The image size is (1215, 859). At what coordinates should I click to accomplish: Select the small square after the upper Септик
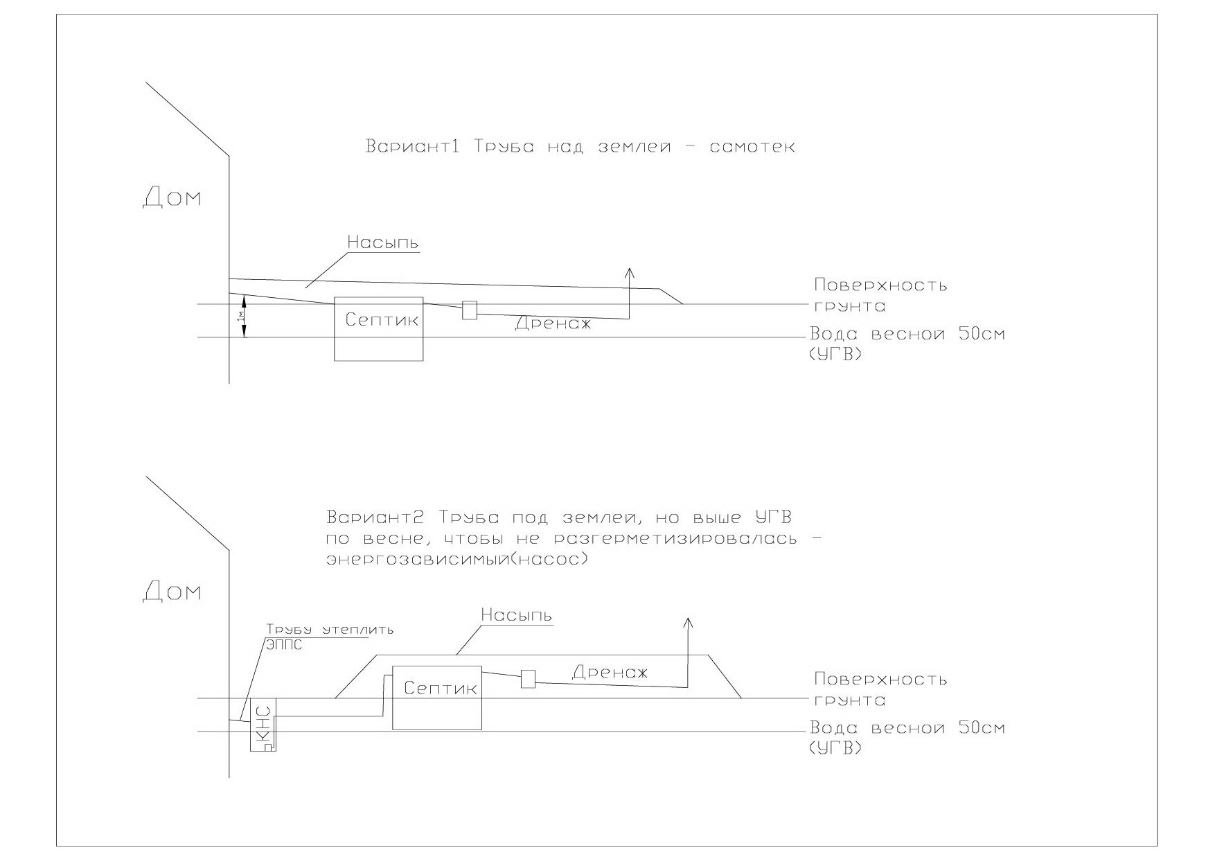pos(470,310)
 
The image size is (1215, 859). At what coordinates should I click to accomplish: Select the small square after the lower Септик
pos(529,679)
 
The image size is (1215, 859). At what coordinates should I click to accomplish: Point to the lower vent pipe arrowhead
pos(688,622)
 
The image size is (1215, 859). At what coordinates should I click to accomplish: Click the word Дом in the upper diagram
pos(172,197)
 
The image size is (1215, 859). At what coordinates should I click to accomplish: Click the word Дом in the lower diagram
pos(172,592)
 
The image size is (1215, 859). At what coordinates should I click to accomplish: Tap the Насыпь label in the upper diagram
pos(382,243)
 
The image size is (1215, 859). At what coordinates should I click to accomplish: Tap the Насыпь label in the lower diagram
pos(516,615)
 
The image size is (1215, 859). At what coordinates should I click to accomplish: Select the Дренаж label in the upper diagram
pos(553,324)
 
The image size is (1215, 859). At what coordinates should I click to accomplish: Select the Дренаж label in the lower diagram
pos(610,671)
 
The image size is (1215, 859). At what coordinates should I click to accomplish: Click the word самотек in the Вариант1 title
pos(752,147)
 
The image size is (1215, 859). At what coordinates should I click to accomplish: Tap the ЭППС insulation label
pos(285,644)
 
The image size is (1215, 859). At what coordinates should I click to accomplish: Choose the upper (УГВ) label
pos(835,355)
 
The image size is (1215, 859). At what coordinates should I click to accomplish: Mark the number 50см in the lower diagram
pos(982,728)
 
